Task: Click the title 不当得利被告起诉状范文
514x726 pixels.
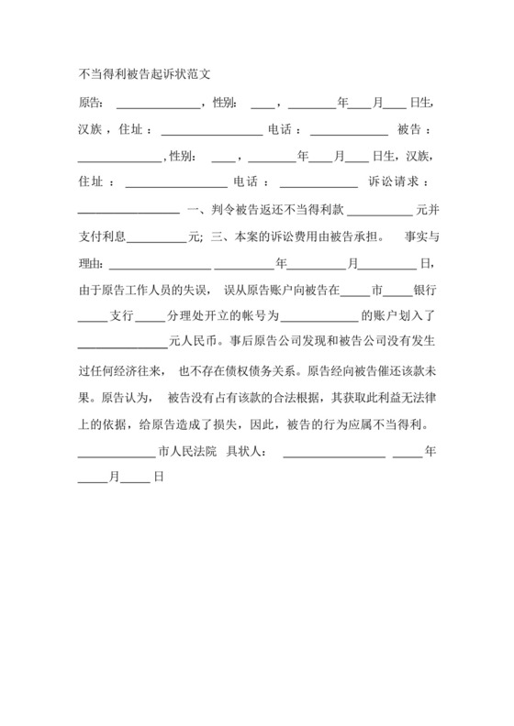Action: pyautogui.click(x=146, y=72)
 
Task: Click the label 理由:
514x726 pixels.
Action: pyautogui.click(x=92, y=264)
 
